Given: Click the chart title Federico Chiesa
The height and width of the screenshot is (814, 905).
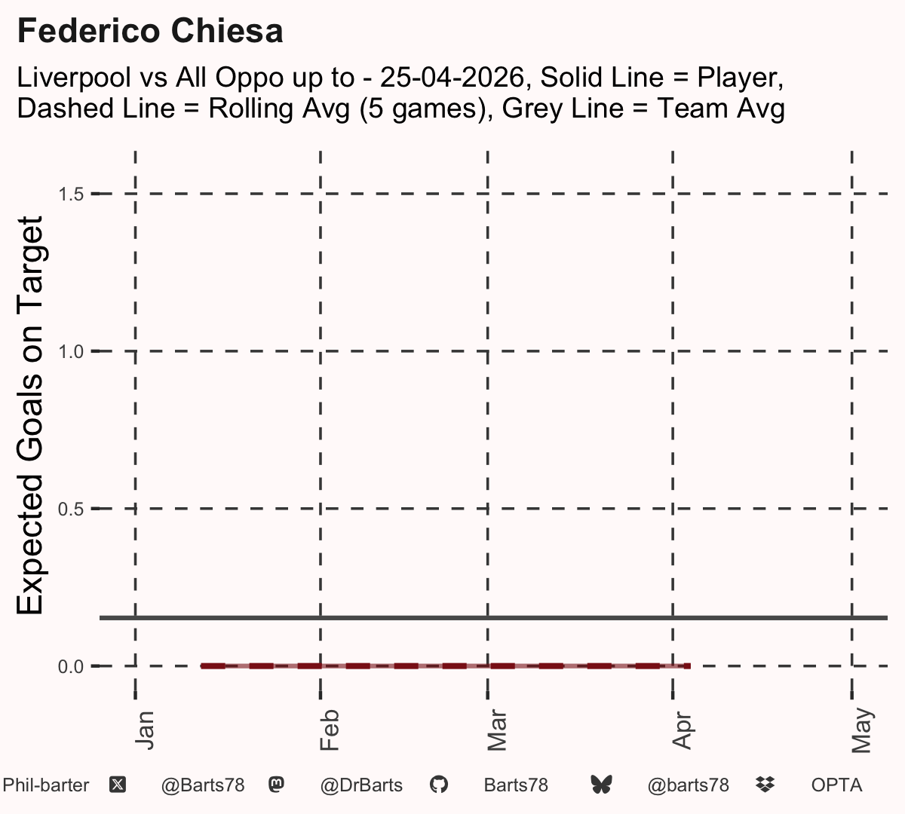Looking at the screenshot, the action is point(150,31).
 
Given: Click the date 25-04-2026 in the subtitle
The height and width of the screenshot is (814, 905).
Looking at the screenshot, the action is point(452,77).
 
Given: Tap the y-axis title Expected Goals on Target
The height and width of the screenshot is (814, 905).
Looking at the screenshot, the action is point(29,415).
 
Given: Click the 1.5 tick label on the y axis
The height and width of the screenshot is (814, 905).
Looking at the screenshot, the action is point(71,194).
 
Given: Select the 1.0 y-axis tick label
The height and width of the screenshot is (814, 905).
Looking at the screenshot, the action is point(71,352).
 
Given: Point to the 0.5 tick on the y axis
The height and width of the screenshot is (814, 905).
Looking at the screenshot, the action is point(71,510).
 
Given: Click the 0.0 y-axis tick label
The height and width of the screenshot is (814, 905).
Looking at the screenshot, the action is point(71,666).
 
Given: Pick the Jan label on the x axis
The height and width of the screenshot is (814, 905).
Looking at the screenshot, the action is point(145,730).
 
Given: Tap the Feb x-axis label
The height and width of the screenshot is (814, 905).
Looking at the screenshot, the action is point(330,730).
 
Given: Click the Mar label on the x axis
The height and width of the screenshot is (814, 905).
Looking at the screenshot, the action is point(497,730).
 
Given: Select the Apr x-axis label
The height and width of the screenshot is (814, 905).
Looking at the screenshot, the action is point(682,730).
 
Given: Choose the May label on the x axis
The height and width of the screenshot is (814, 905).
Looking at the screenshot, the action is point(861,730).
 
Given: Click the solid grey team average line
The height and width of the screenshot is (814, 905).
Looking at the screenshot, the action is point(493,618).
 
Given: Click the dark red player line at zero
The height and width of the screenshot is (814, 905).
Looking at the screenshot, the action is point(446,666).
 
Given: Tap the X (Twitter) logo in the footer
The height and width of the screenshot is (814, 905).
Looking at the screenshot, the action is point(118,785).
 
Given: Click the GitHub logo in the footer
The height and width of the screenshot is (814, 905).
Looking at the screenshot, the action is point(439,785).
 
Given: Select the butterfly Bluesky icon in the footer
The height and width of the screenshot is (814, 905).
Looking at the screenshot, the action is point(601,785).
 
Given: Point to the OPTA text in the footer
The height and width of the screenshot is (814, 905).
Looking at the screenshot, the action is point(837,785).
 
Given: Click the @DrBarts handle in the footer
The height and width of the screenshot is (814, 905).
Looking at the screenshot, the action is point(361,785).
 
